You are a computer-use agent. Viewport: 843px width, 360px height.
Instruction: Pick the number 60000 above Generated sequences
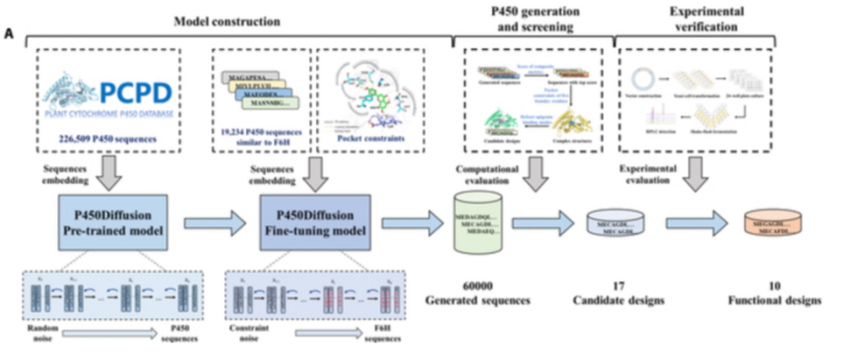tap(480, 285)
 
